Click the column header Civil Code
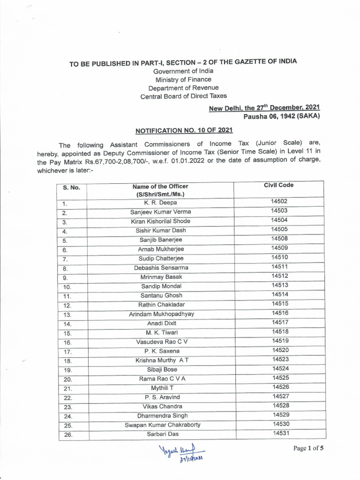click(x=278, y=185)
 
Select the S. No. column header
click(x=72, y=187)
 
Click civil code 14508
click(x=279, y=239)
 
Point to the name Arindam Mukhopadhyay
click(x=161, y=314)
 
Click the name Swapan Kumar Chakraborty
click(x=162, y=425)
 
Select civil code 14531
click(x=279, y=434)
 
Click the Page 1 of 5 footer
click(x=308, y=448)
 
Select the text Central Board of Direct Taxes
click(x=183, y=96)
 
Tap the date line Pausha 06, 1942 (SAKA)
click(x=281, y=116)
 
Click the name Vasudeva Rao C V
click(x=162, y=342)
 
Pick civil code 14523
click(x=279, y=360)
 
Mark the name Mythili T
click(x=161, y=388)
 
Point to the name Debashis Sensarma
click(x=161, y=268)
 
